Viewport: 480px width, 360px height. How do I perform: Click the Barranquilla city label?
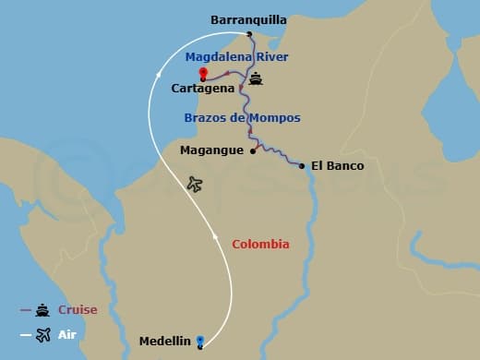pyautogui.click(x=248, y=18)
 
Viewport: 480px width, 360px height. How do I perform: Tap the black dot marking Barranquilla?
pyautogui.click(x=250, y=35)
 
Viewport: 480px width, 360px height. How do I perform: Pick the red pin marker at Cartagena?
pyautogui.click(x=202, y=73)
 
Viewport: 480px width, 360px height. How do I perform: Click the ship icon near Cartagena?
pyautogui.click(x=255, y=78)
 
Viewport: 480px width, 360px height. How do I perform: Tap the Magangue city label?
pyautogui.click(x=213, y=150)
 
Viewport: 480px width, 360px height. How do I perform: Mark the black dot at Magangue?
pyautogui.click(x=253, y=151)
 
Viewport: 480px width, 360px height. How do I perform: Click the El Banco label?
pyautogui.click(x=338, y=166)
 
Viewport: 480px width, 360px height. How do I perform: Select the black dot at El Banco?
pyautogui.click(x=302, y=166)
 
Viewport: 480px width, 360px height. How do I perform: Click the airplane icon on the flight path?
pyautogui.click(x=194, y=184)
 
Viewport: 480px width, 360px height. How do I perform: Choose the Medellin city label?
pyautogui.click(x=164, y=341)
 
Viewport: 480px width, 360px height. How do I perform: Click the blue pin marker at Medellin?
pyautogui.click(x=200, y=342)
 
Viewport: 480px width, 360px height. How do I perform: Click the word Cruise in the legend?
pyautogui.click(x=78, y=310)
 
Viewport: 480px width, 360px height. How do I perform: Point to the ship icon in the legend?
pyautogui.click(x=42, y=310)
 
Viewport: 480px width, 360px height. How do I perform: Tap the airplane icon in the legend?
pyautogui.click(x=42, y=333)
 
